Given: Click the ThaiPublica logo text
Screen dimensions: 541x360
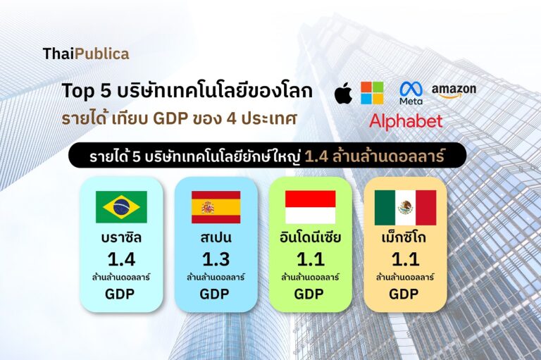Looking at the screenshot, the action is click(x=86, y=54).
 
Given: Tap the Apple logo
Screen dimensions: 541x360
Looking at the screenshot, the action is click(x=344, y=93).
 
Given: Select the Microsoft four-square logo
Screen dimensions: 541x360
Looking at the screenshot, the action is click(x=372, y=93).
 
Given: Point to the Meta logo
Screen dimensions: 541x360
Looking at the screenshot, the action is click(x=411, y=93).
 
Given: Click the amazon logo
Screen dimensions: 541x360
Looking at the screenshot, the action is click(x=454, y=91).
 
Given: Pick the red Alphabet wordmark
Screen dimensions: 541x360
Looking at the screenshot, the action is click(x=406, y=121).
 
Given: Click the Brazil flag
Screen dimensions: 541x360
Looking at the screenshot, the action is click(x=121, y=207).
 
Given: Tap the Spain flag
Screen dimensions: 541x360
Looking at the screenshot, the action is click(x=216, y=207).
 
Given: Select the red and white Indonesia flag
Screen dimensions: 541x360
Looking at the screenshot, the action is click(x=310, y=207).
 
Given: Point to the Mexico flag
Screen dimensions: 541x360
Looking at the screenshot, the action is click(x=406, y=207).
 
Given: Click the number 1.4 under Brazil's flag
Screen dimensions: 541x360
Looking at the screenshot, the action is click(x=121, y=259).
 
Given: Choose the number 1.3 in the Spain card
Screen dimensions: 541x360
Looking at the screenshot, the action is click(x=216, y=259).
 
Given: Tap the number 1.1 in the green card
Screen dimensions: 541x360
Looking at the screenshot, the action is click(x=311, y=259).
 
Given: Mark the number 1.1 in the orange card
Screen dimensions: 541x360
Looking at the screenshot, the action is click(x=406, y=259).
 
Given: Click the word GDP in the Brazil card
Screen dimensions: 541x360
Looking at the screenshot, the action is click(x=120, y=294).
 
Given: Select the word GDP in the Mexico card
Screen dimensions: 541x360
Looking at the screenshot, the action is click(x=404, y=294).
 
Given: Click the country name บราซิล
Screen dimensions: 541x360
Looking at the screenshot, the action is click(x=121, y=237).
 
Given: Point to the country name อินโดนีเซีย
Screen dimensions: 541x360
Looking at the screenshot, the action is click(x=310, y=237).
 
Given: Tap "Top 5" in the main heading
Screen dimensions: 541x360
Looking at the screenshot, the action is click(x=87, y=91).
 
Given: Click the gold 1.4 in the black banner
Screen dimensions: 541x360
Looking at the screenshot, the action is click(x=317, y=156).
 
